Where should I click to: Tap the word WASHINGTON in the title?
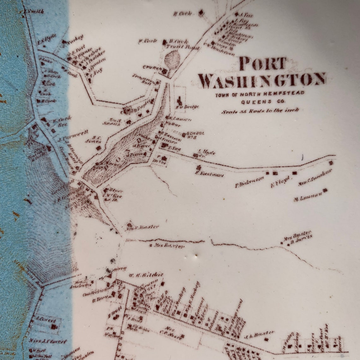point(262,81)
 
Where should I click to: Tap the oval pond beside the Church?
point(173,58)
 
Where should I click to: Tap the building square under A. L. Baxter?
point(266,339)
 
